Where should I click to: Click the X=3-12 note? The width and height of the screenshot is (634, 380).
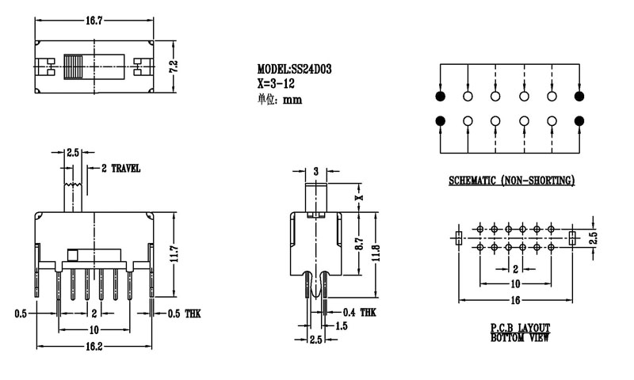click(x=277, y=82)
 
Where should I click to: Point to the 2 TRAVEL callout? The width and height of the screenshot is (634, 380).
click(x=120, y=169)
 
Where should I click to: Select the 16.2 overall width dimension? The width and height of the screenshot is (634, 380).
click(x=94, y=347)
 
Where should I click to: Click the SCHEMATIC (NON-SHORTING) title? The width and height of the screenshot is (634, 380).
click(x=511, y=182)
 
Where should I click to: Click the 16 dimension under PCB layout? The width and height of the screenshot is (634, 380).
click(x=515, y=301)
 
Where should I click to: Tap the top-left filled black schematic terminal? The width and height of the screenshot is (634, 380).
click(x=440, y=97)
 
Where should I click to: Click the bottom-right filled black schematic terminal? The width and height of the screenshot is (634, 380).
click(x=579, y=121)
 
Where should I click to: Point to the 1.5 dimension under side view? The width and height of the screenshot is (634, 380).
click(x=342, y=325)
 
